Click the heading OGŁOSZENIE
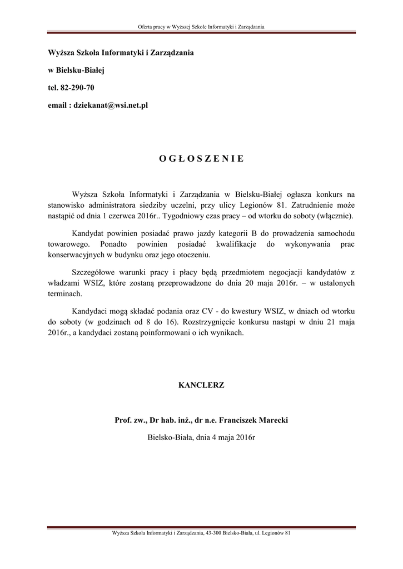pos(201,158)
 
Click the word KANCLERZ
pos(201,385)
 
